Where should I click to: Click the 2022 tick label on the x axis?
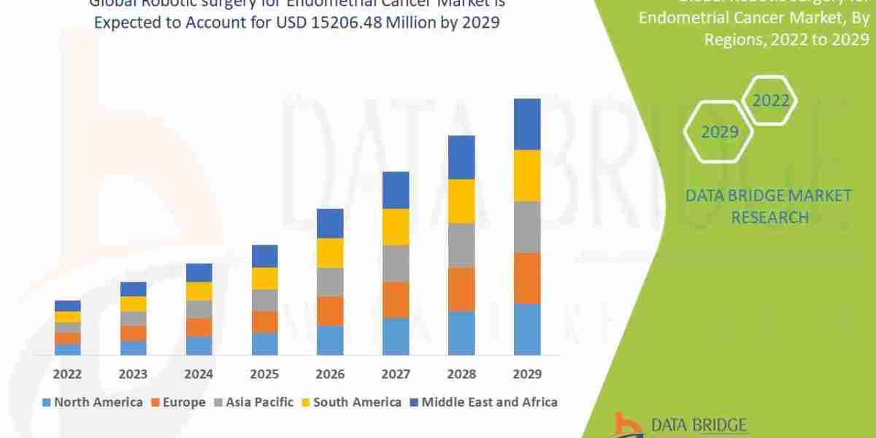tap(67, 374)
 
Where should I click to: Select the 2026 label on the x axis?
tap(330, 374)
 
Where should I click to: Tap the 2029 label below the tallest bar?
tap(527, 374)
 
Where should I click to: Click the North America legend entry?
tap(93, 401)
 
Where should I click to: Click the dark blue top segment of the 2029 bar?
tap(527, 124)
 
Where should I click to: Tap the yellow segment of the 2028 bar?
tap(461, 201)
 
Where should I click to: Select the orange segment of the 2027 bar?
tap(396, 299)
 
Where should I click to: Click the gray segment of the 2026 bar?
tap(330, 282)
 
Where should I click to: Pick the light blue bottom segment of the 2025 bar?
tap(264, 344)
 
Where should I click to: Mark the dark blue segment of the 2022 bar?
tap(67, 306)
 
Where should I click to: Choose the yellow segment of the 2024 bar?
tap(199, 291)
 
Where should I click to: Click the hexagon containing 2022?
tap(771, 101)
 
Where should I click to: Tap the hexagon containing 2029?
tap(719, 132)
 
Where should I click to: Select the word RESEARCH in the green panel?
tap(769, 217)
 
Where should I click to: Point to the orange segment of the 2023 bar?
tap(133, 333)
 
